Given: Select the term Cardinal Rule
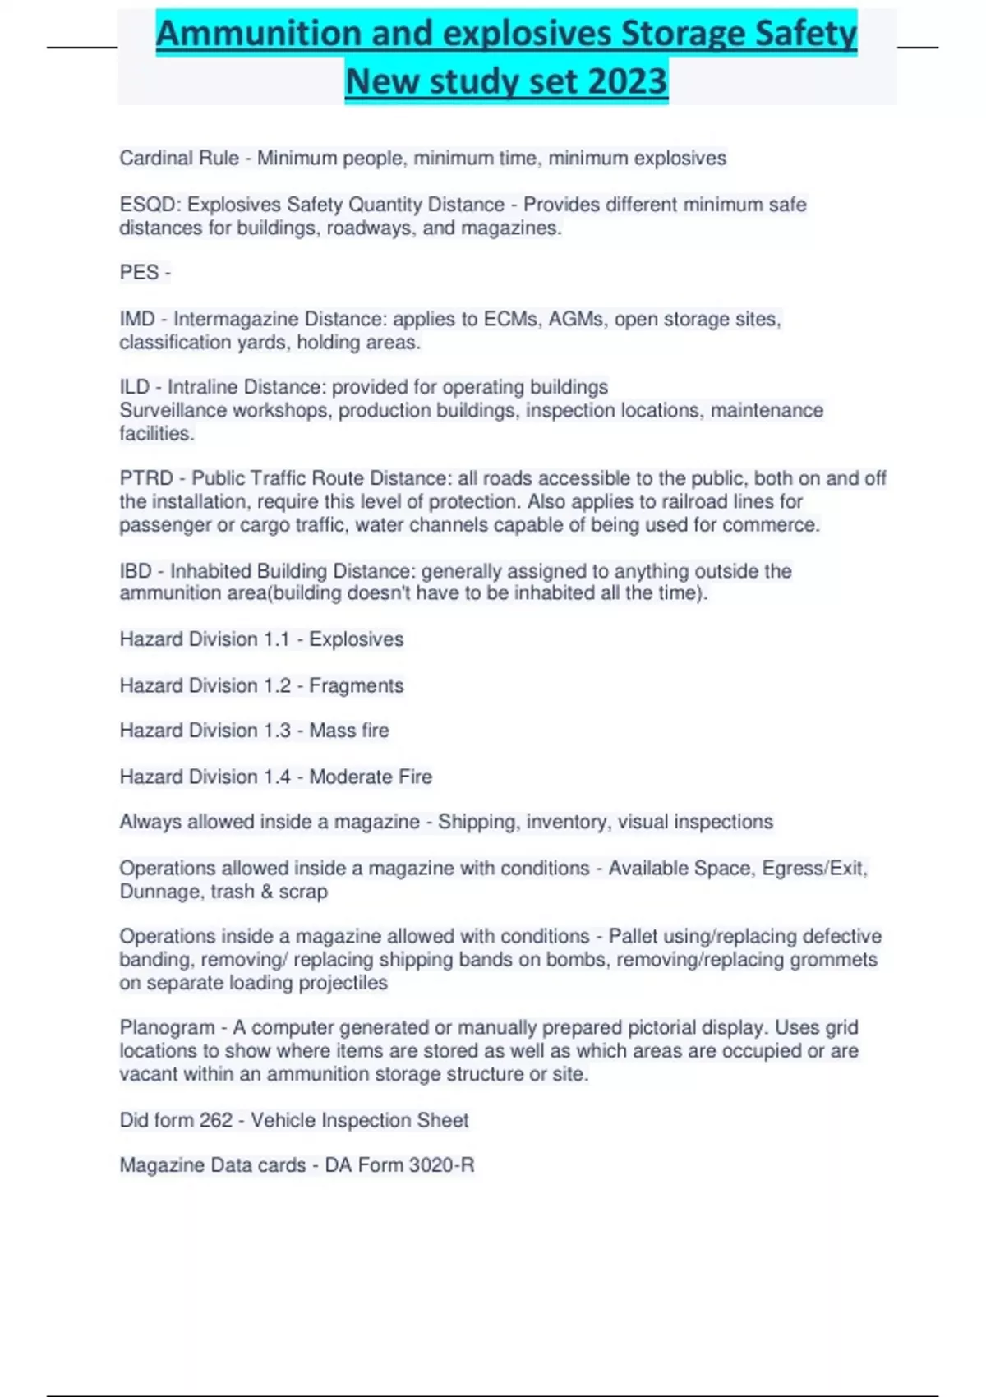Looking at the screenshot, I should pos(179,158).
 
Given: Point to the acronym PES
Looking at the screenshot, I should pos(139,273).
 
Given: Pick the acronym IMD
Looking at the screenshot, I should pos(137,319).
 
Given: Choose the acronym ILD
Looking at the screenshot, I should pos(135,387).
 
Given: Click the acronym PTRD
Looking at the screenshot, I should pos(146,478).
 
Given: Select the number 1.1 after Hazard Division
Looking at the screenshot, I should pos(277,639).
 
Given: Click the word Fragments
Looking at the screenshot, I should pos(356,685).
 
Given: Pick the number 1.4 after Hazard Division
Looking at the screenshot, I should pos(277,777).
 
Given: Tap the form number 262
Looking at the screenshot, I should pos(216,1120).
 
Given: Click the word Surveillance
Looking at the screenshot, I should pos(169,410).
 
